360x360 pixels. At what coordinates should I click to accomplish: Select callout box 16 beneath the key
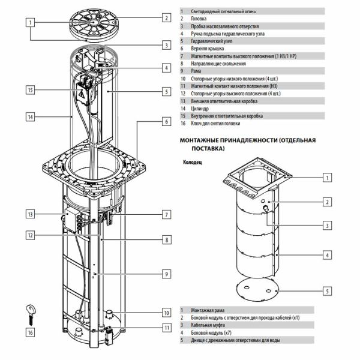(29, 331)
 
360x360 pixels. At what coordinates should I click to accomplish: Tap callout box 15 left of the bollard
(29, 90)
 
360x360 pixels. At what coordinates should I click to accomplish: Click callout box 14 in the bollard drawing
(29, 117)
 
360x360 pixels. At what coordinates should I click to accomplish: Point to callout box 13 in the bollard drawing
(29, 214)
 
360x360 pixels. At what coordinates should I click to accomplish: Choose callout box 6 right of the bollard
(166, 122)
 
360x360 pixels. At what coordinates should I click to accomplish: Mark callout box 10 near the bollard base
(166, 312)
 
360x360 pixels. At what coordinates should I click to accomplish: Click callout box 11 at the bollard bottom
(166, 327)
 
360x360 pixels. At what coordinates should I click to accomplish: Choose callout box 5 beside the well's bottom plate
(327, 292)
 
